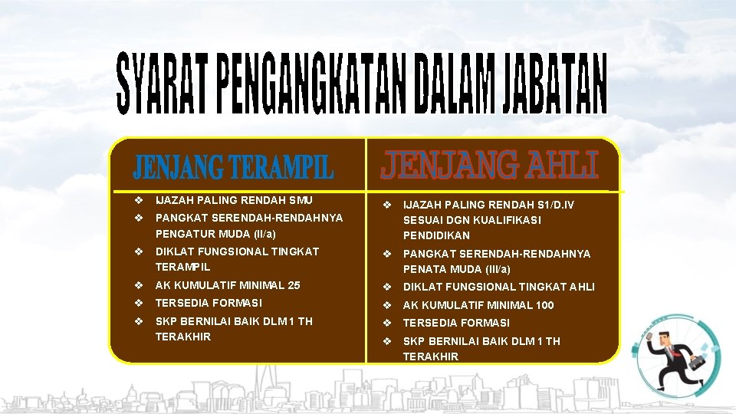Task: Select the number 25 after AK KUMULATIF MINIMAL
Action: click(294, 285)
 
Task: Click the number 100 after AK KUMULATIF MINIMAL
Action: click(544, 305)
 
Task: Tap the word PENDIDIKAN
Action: click(436, 235)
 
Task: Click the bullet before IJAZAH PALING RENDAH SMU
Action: click(138, 200)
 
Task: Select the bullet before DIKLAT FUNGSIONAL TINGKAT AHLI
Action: click(387, 287)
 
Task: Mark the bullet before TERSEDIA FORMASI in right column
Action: click(387, 323)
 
